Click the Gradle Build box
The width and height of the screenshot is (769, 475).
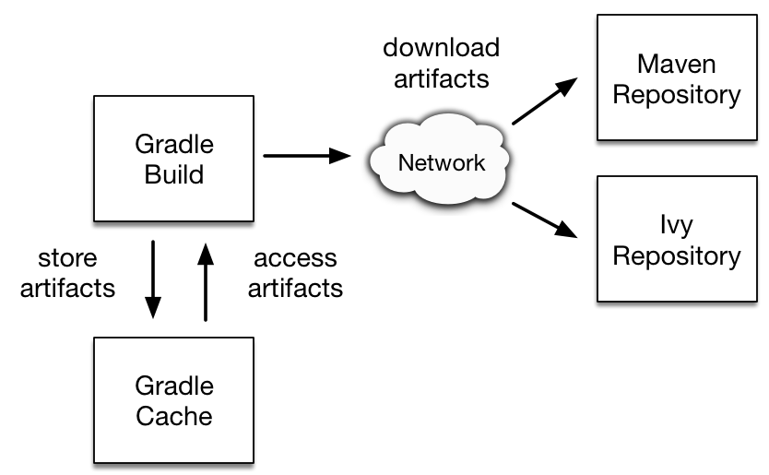173,159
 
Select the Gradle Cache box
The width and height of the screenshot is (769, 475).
173,400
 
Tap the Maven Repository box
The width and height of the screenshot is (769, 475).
676,77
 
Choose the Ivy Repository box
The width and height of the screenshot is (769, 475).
676,239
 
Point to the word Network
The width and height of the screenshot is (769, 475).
441,163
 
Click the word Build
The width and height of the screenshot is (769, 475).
173,174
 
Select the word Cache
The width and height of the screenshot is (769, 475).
173,416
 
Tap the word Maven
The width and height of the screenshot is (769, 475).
676,64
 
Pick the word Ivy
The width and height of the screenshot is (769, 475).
676,226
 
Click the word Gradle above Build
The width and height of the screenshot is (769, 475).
173,145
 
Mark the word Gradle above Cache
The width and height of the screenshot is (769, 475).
173,386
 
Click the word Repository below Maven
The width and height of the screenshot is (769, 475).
676,95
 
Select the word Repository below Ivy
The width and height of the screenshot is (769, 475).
676,256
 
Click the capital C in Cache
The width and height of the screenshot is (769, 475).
146,416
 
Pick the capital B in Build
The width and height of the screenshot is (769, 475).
151,174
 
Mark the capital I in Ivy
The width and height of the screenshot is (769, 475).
663,225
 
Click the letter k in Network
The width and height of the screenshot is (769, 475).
479,163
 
